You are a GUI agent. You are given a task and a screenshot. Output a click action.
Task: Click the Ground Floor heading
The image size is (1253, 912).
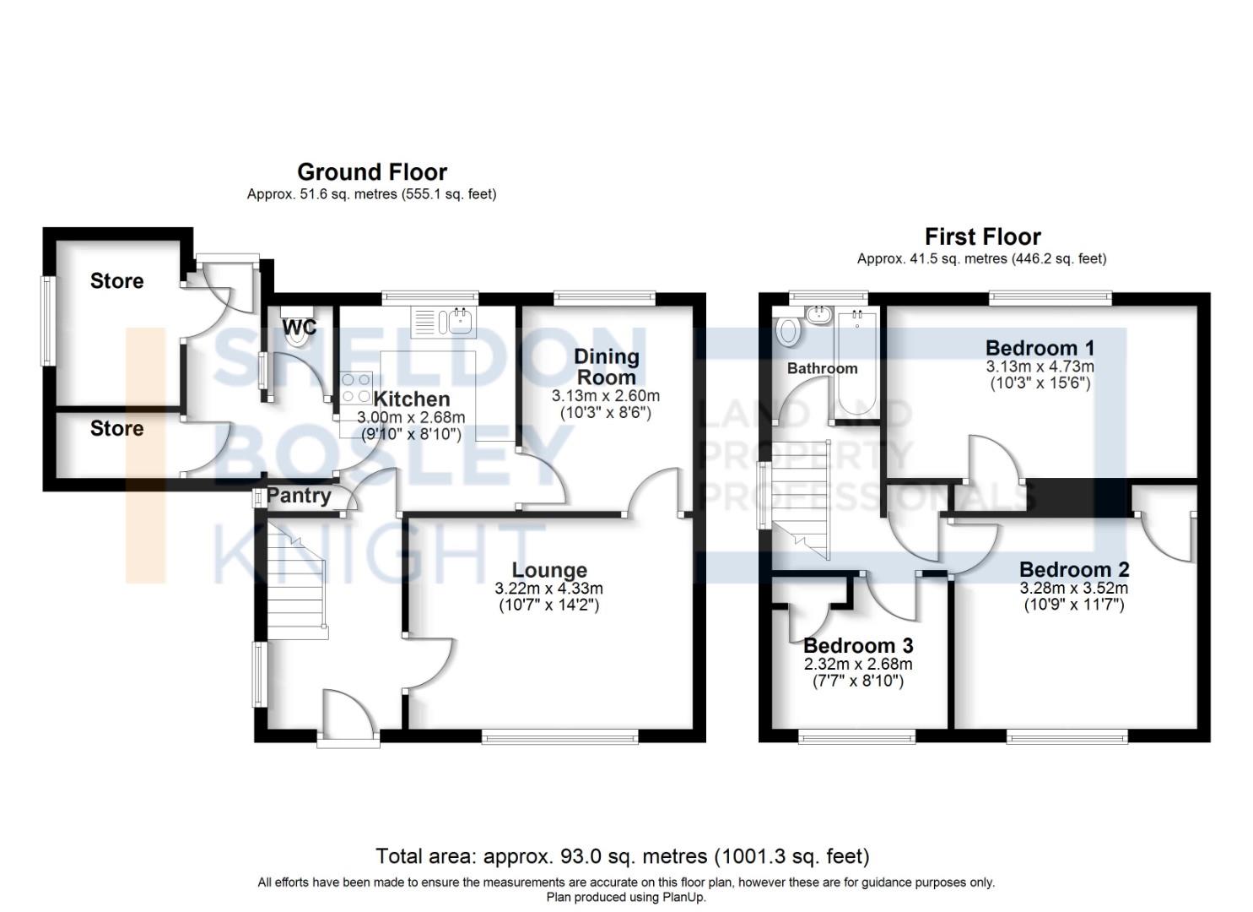pyautogui.click(x=372, y=172)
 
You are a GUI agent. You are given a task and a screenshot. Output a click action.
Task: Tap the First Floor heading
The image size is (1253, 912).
pyautogui.click(x=982, y=236)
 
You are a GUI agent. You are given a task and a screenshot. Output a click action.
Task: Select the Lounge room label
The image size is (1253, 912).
pyautogui.click(x=548, y=571)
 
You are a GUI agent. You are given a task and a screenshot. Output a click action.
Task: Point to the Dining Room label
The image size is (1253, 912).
pyautogui.click(x=606, y=366)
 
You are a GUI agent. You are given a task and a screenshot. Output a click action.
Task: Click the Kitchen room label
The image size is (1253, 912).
pyautogui.click(x=411, y=399)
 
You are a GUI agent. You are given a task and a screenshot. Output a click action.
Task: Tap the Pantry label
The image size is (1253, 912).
pyautogui.click(x=299, y=496)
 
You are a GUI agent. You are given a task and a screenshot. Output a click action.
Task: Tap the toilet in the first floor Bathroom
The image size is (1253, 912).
pyautogui.click(x=787, y=330)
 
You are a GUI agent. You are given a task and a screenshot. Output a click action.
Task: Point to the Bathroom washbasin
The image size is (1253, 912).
pyautogui.click(x=818, y=316)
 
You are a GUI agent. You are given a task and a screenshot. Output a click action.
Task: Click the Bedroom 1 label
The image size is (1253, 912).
pyautogui.click(x=1040, y=348)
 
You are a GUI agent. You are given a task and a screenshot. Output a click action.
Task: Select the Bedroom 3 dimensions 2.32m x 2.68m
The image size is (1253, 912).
pyautogui.click(x=857, y=664)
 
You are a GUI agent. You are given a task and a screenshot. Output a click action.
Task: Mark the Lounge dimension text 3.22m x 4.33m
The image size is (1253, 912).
pyautogui.click(x=548, y=589)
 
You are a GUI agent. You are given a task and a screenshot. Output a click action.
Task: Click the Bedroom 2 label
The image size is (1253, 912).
pyautogui.click(x=1073, y=570)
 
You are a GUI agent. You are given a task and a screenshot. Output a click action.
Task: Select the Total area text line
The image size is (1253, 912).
pyautogui.click(x=622, y=856)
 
